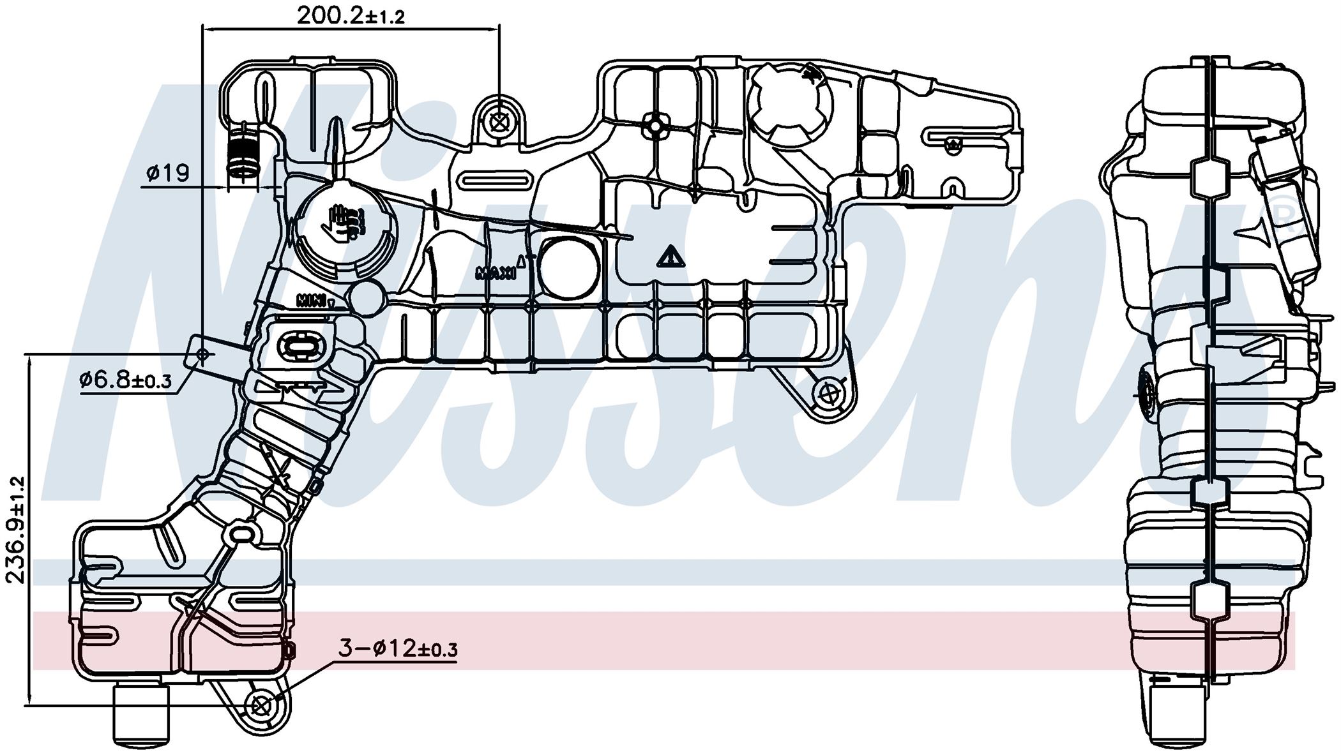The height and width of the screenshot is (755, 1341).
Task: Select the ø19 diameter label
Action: pyautogui.click(x=167, y=173)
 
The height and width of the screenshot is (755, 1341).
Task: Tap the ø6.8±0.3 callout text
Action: pyautogui.click(x=125, y=380)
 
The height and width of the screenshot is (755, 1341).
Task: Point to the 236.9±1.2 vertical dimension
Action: pyautogui.click(x=15, y=530)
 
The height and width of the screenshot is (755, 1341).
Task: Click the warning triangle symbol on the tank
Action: pyautogui.click(x=670, y=257)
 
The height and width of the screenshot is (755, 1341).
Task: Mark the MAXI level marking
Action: pyautogui.click(x=496, y=273)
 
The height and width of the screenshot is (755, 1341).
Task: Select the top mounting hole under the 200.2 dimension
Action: pyautogui.click(x=499, y=122)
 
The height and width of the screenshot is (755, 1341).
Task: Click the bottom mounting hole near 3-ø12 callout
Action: pyautogui.click(x=260, y=706)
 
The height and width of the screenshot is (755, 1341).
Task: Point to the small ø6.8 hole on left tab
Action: pyautogui.click(x=204, y=355)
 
